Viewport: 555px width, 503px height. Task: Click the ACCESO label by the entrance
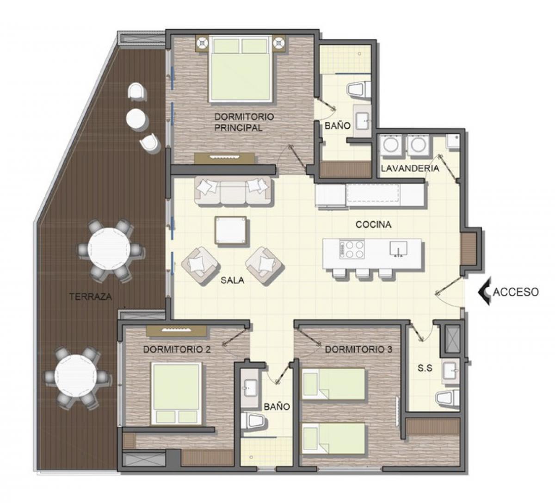click(x=516, y=292)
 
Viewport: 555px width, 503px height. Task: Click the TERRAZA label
click(x=91, y=297)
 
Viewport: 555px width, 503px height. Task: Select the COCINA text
click(x=373, y=224)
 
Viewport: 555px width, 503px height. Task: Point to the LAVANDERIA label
click(x=410, y=168)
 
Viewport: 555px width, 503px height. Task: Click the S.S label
click(x=425, y=368)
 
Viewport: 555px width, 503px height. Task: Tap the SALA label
click(x=232, y=280)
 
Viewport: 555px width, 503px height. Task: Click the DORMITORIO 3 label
click(x=358, y=350)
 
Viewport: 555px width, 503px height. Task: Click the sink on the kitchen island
click(x=398, y=248)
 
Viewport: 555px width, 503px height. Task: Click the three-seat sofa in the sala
click(x=233, y=191)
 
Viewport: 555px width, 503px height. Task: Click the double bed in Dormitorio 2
click(x=176, y=395)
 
